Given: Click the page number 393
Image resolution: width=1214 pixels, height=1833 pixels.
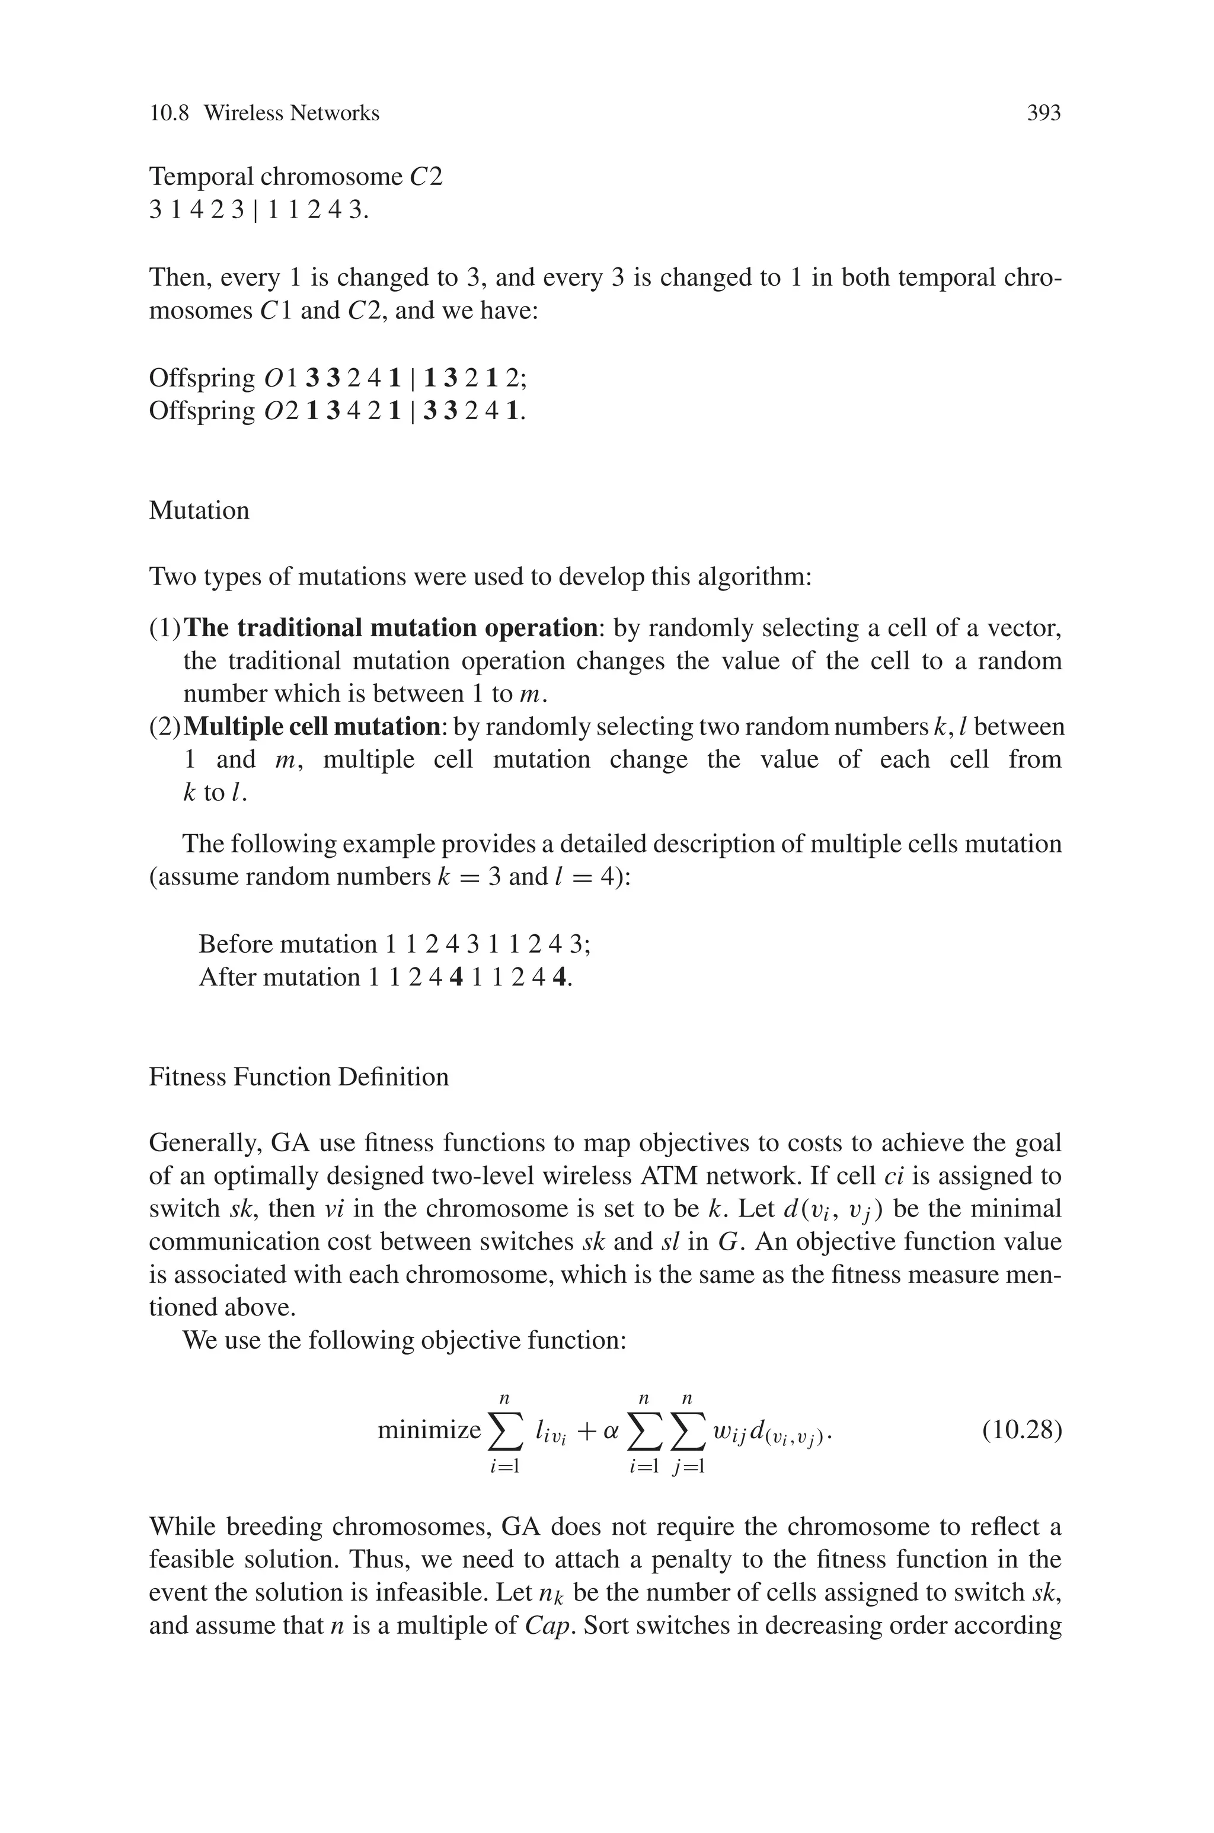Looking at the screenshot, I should pyautogui.click(x=1043, y=114).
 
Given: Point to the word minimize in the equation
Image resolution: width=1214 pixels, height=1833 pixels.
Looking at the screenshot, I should pyautogui.click(x=429, y=1430).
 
